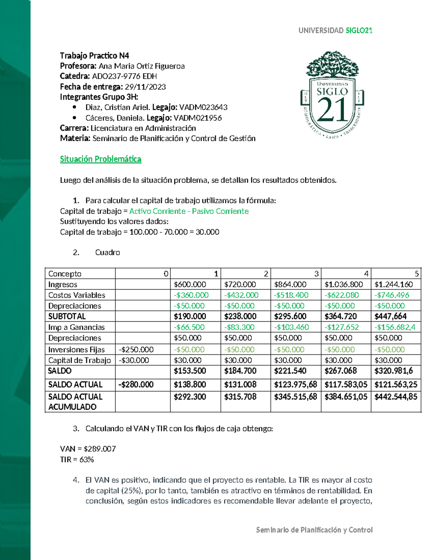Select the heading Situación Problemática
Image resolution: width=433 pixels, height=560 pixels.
(x=100, y=159)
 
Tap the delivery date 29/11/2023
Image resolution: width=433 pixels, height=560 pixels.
(x=145, y=87)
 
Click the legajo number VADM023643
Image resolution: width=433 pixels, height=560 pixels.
(x=203, y=107)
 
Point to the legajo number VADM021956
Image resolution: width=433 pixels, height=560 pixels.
(x=197, y=118)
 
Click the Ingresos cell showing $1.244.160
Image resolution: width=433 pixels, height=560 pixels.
(x=394, y=285)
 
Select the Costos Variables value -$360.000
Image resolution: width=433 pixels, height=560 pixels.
(x=191, y=295)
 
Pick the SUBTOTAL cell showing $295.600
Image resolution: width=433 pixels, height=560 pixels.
(x=290, y=316)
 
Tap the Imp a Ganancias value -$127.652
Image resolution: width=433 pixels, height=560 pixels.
(x=341, y=327)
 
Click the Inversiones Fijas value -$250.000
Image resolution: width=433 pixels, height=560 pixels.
(x=136, y=349)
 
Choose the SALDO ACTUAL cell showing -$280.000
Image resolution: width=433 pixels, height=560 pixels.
(x=136, y=384)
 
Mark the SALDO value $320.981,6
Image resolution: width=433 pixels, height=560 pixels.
(x=394, y=371)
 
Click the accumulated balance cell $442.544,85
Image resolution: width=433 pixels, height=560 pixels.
(x=396, y=397)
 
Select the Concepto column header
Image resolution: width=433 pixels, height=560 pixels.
(x=65, y=274)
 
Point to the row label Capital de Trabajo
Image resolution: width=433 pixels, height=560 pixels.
(x=79, y=360)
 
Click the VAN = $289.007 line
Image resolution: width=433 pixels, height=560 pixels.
(x=88, y=449)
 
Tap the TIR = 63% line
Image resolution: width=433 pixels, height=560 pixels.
(x=77, y=459)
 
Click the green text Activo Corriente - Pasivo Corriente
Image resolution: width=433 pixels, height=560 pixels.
(x=189, y=211)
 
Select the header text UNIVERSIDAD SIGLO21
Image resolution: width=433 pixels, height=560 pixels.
(x=335, y=31)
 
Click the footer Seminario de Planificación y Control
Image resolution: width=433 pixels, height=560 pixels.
(x=314, y=530)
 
